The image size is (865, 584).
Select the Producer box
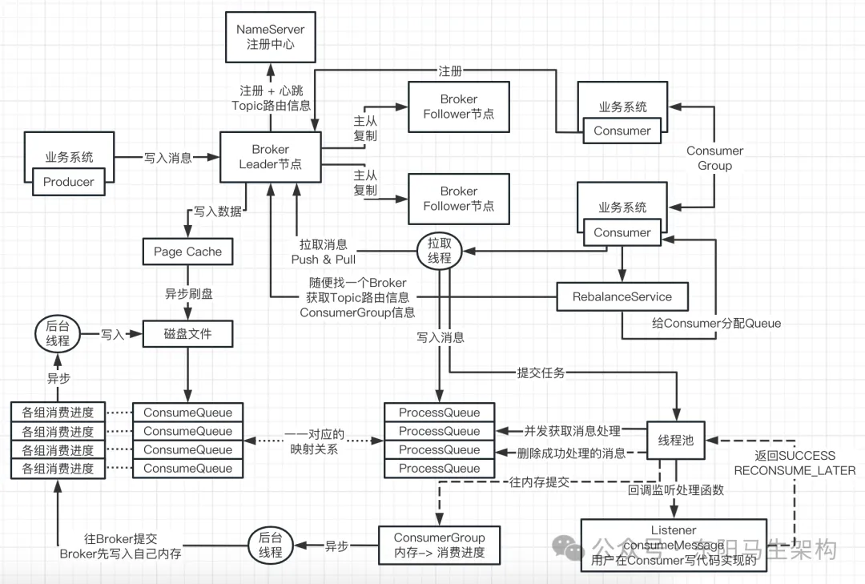(x=68, y=182)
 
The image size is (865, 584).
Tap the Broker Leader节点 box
(x=271, y=157)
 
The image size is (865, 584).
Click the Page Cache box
(x=187, y=252)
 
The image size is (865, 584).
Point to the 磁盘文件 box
(x=187, y=333)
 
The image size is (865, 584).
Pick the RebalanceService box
(x=622, y=296)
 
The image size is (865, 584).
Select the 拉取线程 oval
(x=439, y=250)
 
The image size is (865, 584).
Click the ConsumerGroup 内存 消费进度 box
(x=439, y=544)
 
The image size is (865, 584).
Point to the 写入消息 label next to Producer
(x=167, y=158)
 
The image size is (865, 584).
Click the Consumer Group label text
(x=714, y=158)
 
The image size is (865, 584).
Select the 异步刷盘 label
(x=189, y=294)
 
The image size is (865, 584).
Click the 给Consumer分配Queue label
(x=715, y=324)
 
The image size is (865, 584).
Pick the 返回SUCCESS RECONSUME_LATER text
(x=795, y=463)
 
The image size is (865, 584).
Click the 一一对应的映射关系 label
(x=314, y=442)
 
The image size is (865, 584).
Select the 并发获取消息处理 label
(x=572, y=431)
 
